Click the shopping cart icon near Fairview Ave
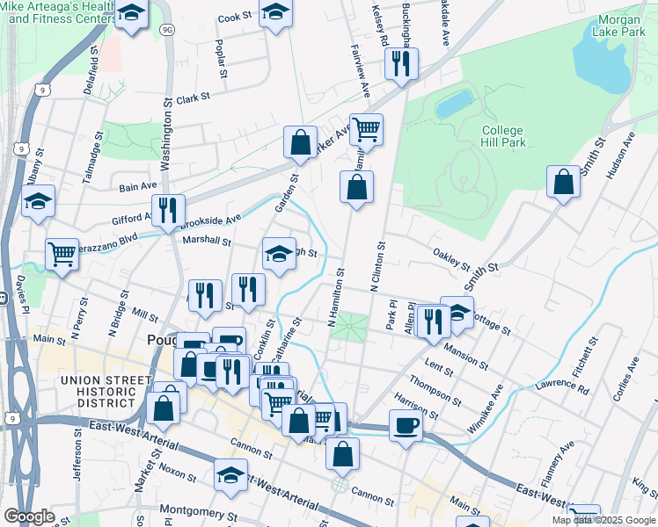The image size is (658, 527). coord(366,129)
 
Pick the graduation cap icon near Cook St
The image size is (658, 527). coord(276,14)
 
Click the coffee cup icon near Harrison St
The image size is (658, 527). coord(406,426)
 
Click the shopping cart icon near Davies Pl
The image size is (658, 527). coord(62,254)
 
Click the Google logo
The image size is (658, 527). coord(29,516)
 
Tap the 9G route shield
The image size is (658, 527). coord(167,30)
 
